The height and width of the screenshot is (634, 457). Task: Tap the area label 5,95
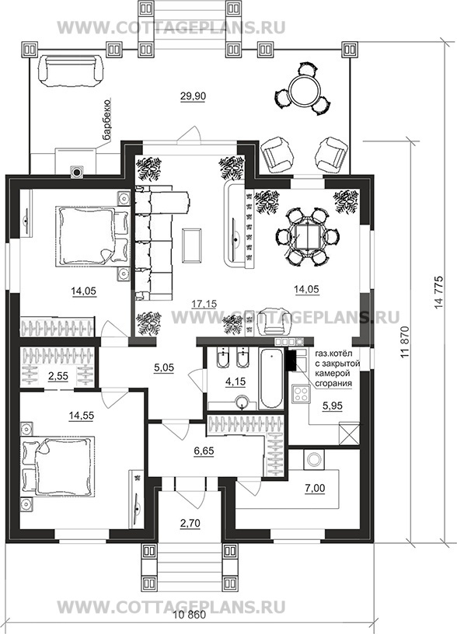[332, 406]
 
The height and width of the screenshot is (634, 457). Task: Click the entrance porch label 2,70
[190, 524]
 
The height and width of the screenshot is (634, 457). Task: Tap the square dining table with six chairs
[309, 235]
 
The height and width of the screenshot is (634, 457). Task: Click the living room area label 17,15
[204, 304]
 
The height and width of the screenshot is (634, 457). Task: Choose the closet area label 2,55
[58, 376]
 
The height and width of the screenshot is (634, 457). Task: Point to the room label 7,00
[315, 488]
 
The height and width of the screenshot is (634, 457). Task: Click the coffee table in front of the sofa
[192, 245]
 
